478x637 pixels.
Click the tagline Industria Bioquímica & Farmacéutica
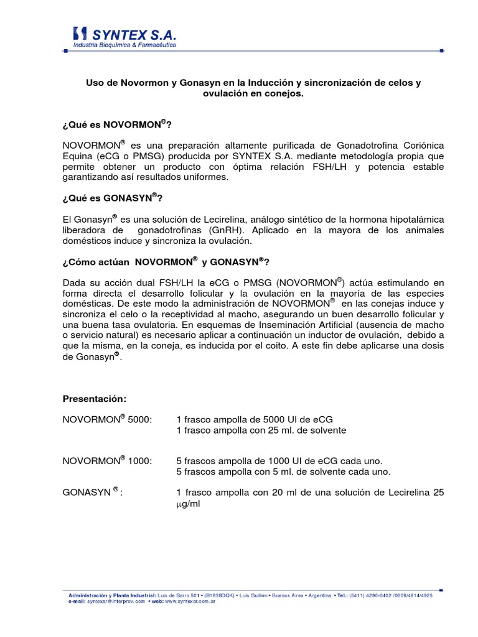[124, 45]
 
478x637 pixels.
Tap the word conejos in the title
[285, 93]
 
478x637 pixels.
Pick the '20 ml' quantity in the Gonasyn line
[283, 492]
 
